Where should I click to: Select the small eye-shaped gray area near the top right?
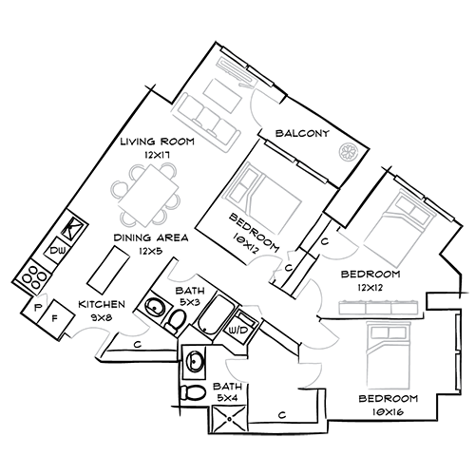click(x=339, y=152)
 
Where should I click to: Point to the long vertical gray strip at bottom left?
click(x=83, y=380)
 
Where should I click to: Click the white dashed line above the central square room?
click(x=296, y=162)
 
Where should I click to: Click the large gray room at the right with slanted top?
click(x=389, y=233)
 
